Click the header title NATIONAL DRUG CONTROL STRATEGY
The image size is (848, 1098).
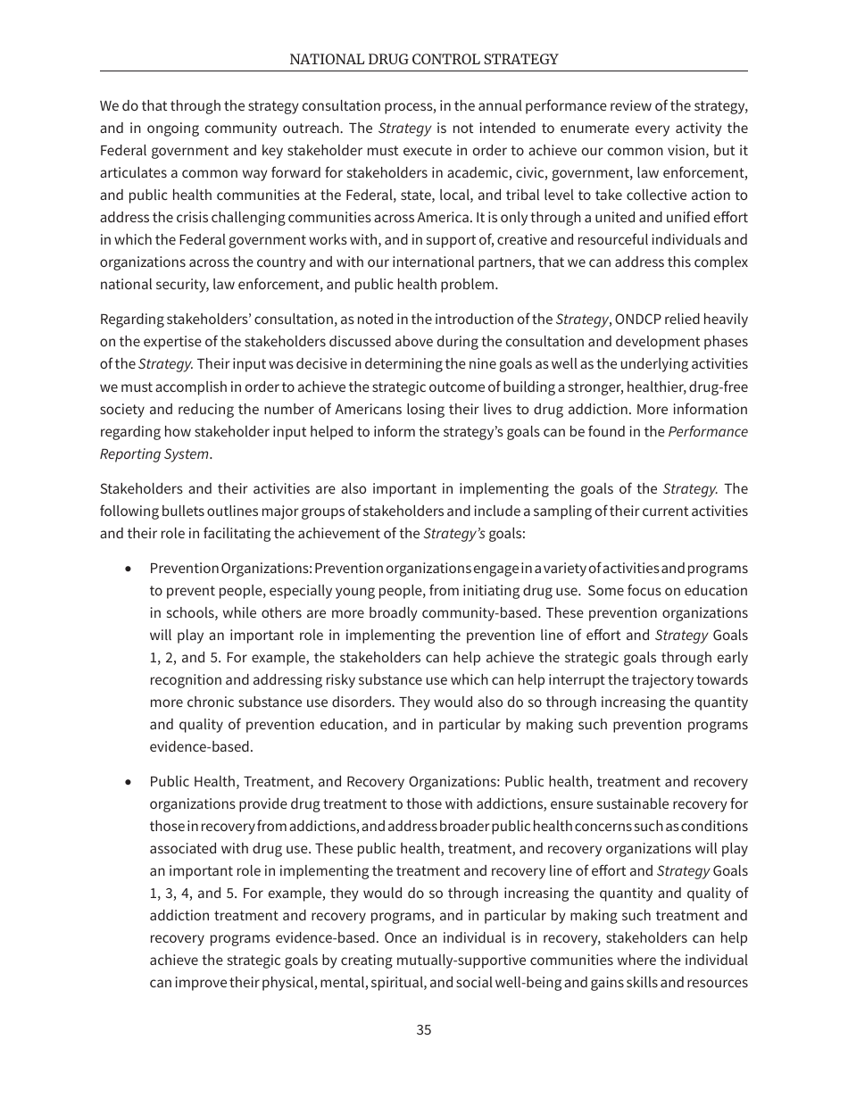pyautogui.click(x=424, y=59)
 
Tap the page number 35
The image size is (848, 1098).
pyautogui.click(x=424, y=1029)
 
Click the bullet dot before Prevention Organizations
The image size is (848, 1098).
pyautogui.click(x=130, y=569)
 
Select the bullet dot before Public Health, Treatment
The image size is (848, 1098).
pyautogui.click(x=130, y=782)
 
